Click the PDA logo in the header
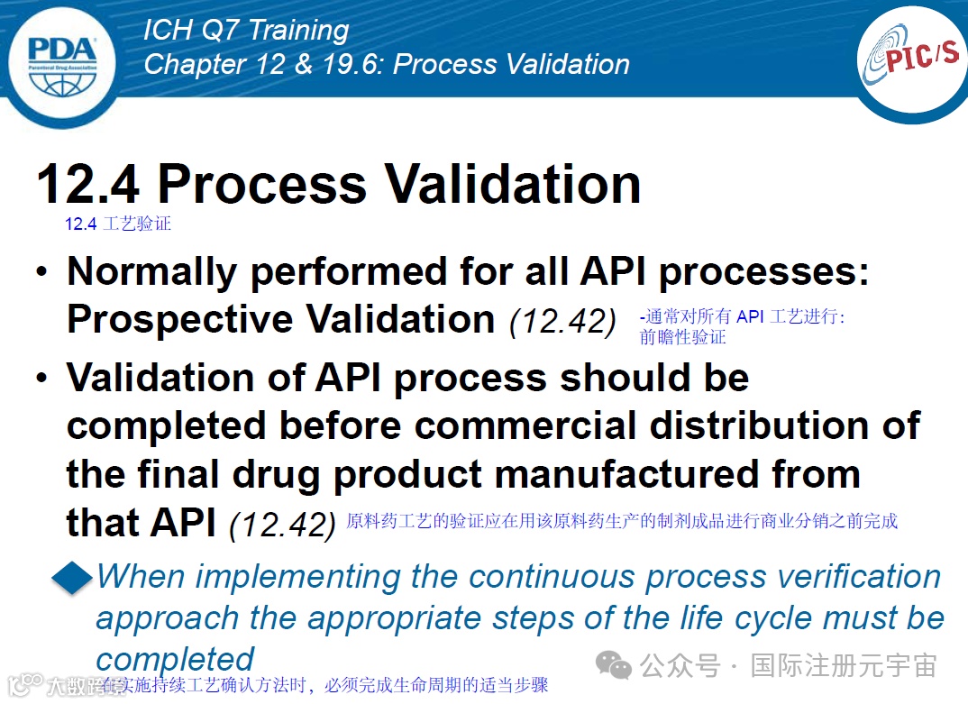(62, 65)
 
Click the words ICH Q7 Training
(246, 31)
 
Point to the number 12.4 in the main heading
(87, 184)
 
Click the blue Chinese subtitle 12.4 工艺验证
(118, 224)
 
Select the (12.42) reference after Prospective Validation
(562, 322)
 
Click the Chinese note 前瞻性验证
(682, 337)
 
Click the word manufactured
(626, 474)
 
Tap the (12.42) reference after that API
(282, 525)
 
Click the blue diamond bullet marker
(73, 578)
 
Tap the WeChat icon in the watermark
(613, 665)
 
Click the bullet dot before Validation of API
(41, 378)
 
